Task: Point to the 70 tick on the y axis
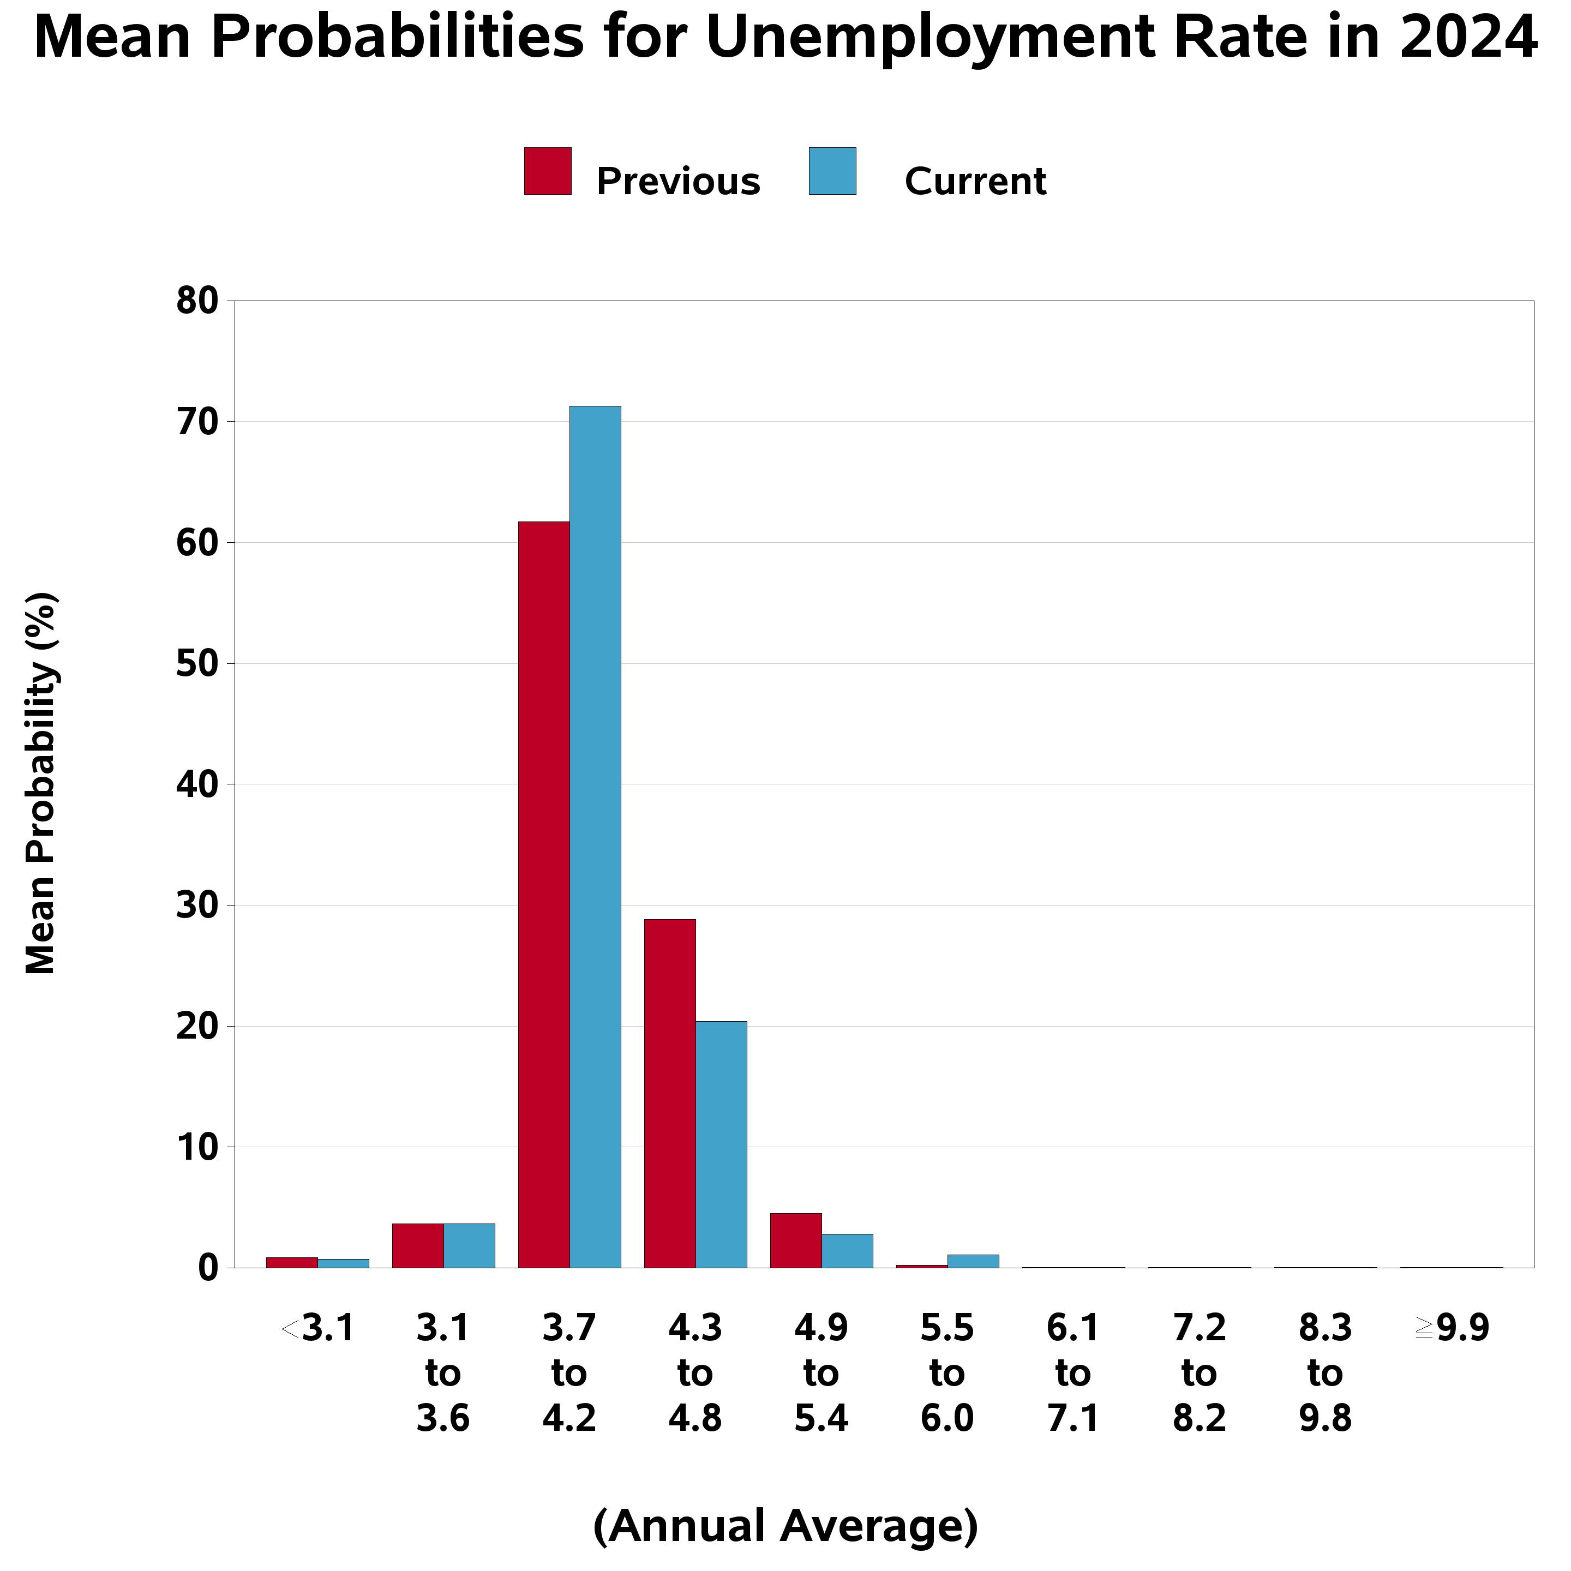197,422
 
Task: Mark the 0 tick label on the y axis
208,1268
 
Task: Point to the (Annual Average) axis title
785,1526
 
